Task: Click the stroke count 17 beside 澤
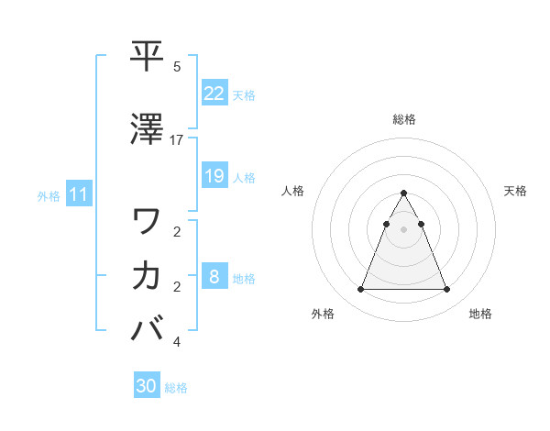point(177,139)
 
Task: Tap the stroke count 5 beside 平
point(177,67)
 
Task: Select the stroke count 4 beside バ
point(177,342)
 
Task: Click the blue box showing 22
point(214,94)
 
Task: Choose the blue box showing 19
point(214,176)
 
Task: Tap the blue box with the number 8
point(214,277)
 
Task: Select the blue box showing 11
point(79,194)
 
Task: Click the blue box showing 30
point(146,386)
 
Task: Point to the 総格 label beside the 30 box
point(176,388)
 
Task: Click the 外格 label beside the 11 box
point(49,195)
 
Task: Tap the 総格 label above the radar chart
point(403,119)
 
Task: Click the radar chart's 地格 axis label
point(480,315)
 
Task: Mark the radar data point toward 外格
point(360,290)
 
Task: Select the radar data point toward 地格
point(446,290)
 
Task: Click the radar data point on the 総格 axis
point(403,193)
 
